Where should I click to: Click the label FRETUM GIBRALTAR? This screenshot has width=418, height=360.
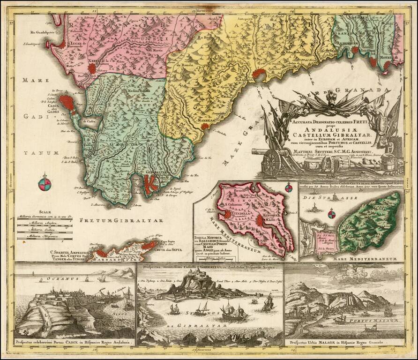(121, 220)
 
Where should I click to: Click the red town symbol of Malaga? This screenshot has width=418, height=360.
(259, 73)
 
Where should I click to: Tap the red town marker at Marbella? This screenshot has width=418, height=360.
(205, 126)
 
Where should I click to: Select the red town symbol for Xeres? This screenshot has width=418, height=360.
(92, 68)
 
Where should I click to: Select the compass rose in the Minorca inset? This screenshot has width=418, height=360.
(289, 188)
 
